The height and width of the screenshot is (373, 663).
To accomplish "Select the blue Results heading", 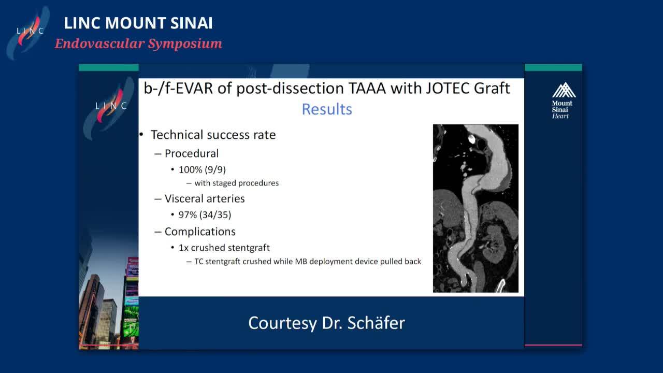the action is click(x=327, y=109).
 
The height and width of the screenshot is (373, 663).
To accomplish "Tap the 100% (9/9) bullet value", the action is click(x=202, y=169).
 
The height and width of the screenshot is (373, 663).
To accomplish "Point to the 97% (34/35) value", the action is click(x=205, y=214).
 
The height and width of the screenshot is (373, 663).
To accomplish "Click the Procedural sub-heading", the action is click(x=192, y=153).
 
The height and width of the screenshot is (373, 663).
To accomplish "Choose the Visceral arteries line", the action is click(x=205, y=198).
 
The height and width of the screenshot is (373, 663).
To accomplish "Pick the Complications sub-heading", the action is click(x=200, y=232).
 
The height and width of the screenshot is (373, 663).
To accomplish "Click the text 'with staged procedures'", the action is click(x=237, y=183).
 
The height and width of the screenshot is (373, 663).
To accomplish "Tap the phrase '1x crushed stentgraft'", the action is click(x=224, y=248).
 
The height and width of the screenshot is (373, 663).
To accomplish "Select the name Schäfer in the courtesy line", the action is click(x=376, y=323).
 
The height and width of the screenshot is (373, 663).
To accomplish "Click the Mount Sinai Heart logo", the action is click(x=564, y=101).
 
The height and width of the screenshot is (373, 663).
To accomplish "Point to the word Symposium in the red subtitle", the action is click(x=185, y=44).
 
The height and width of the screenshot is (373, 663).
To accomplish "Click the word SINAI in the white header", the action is click(x=191, y=23).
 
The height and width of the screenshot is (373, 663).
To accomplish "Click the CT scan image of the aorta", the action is click(x=475, y=208).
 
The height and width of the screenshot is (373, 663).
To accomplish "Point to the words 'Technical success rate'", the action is click(x=213, y=135).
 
